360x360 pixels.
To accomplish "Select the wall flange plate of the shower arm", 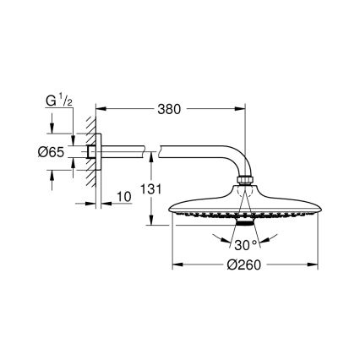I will (x=100, y=153).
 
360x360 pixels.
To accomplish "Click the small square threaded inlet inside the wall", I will (x=90, y=153).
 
